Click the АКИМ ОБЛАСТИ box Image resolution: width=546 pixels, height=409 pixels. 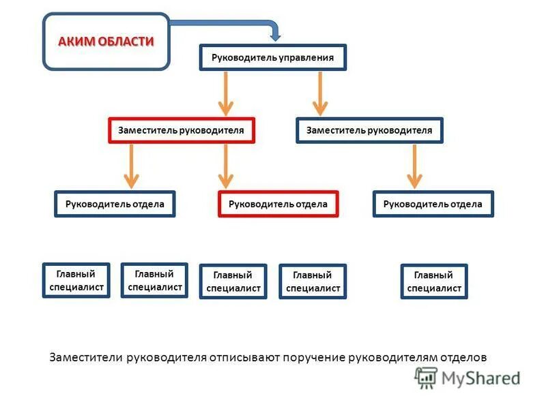106,42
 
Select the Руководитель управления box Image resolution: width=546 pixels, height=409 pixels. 272,57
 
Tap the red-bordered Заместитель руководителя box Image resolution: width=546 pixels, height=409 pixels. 181,130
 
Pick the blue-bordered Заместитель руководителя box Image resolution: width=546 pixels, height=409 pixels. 369,130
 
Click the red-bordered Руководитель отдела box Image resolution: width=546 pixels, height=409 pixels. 278,204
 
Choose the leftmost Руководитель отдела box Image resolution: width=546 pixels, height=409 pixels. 115,204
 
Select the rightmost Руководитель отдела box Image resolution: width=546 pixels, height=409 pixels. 433,204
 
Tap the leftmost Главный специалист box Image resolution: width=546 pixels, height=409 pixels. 76,280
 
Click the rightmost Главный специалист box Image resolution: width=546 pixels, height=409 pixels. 434,282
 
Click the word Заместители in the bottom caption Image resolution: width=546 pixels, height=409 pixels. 86,357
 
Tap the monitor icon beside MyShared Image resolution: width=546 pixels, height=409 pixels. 426,378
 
